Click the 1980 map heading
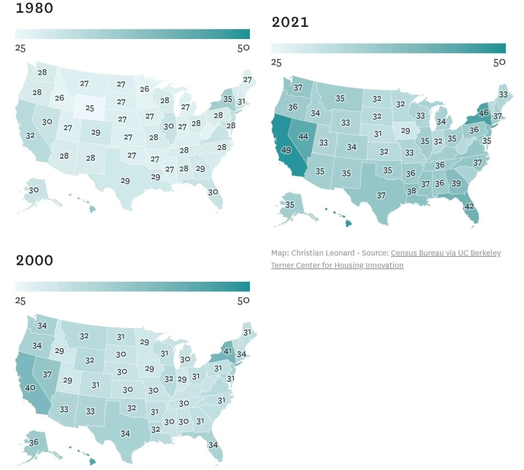click(x=34, y=9)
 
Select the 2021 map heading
click(x=290, y=23)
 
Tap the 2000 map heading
click(x=34, y=261)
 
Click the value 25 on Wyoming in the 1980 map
click(x=89, y=108)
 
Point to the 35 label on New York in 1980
click(x=228, y=100)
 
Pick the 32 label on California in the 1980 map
click(x=30, y=135)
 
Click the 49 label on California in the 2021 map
click(x=286, y=150)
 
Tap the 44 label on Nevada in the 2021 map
click(x=303, y=136)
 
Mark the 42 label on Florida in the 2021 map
click(x=470, y=206)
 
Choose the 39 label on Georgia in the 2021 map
click(x=456, y=184)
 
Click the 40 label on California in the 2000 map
click(x=31, y=387)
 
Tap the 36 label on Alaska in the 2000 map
click(x=34, y=442)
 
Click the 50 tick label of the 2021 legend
click(x=498, y=63)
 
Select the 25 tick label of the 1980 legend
click(x=21, y=48)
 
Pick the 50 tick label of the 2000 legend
click(x=243, y=300)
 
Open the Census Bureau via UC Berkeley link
click(x=445, y=253)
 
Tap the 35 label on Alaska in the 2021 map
click(x=290, y=204)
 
